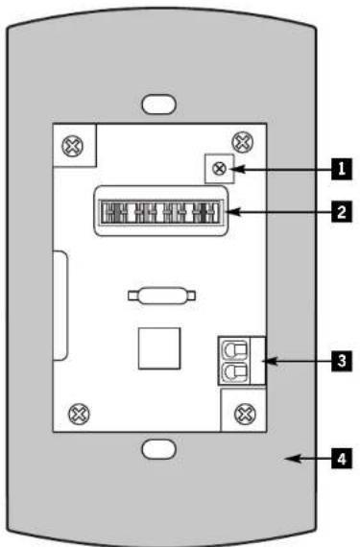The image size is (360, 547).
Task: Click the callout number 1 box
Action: [342, 169]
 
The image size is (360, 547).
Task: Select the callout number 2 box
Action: [342, 212]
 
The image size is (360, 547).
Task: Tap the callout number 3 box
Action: [342, 361]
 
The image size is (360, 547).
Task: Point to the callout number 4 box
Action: [342, 459]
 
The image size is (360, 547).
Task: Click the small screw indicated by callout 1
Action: [219, 169]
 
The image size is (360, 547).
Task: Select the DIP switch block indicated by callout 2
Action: [161, 211]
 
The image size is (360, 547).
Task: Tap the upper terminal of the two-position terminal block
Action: [234, 349]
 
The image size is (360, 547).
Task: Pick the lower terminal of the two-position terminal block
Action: [234, 372]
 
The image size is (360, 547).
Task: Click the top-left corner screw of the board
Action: [73, 146]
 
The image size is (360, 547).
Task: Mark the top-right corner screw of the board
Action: [243, 142]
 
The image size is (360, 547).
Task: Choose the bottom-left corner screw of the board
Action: [79, 414]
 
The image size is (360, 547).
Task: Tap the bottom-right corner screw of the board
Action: [245, 414]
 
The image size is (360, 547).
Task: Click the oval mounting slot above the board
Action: [158, 105]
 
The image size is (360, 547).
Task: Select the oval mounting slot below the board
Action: [158, 449]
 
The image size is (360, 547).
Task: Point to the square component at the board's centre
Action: [159, 348]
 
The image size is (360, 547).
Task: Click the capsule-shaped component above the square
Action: [162, 297]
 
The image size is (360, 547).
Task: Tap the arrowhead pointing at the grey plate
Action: [293, 459]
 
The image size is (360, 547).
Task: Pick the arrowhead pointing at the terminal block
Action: [272, 361]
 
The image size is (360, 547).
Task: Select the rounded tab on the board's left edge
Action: [60, 305]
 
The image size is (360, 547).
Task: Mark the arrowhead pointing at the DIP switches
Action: [232, 212]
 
